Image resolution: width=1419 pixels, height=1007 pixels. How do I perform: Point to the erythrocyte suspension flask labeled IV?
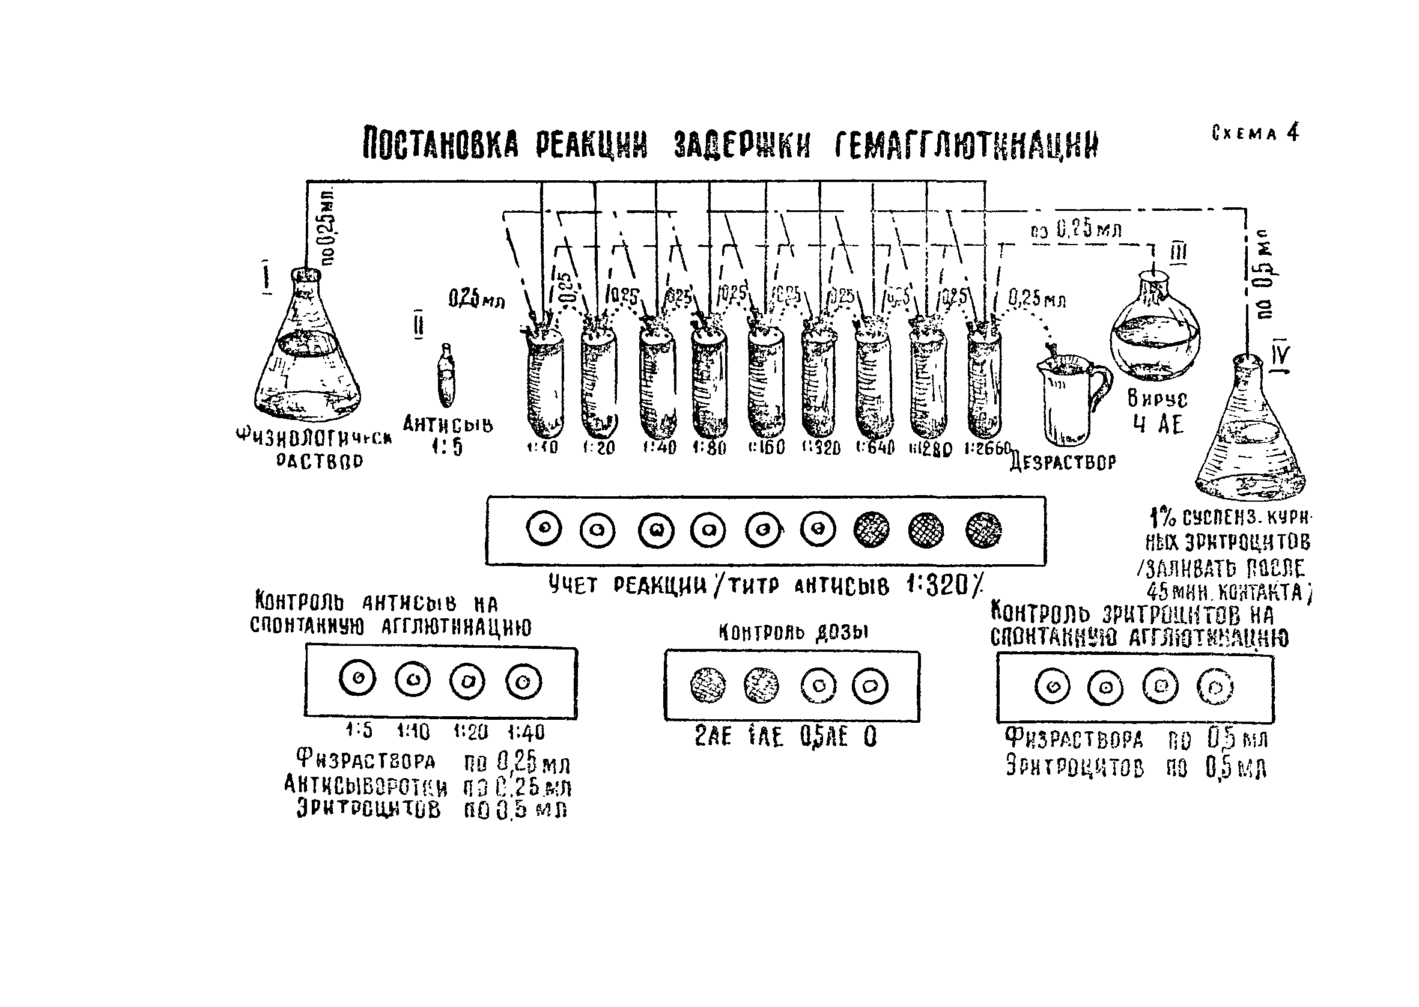(x=1250, y=434)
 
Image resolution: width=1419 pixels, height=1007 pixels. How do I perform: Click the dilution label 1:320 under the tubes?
(x=821, y=447)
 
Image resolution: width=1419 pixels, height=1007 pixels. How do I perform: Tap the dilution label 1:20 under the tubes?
(x=598, y=447)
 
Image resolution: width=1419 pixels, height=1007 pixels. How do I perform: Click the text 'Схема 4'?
(x=1256, y=133)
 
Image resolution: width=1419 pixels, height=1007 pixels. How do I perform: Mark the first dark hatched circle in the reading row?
(x=871, y=530)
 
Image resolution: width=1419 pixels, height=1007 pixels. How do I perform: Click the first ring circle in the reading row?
(x=544, y=529)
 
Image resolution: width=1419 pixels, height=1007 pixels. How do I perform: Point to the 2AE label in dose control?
(x=713, y=737)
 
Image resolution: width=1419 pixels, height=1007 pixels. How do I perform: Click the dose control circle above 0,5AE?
(x=818, y=686)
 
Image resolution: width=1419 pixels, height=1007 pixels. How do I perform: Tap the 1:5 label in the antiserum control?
(x=359, y=732)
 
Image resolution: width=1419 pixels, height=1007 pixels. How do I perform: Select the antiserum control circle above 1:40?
(x=523, y=681)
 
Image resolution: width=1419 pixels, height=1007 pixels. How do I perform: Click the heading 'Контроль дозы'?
(x=793, y=632)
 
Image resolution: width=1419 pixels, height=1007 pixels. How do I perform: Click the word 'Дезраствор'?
(x=1063, y=463)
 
